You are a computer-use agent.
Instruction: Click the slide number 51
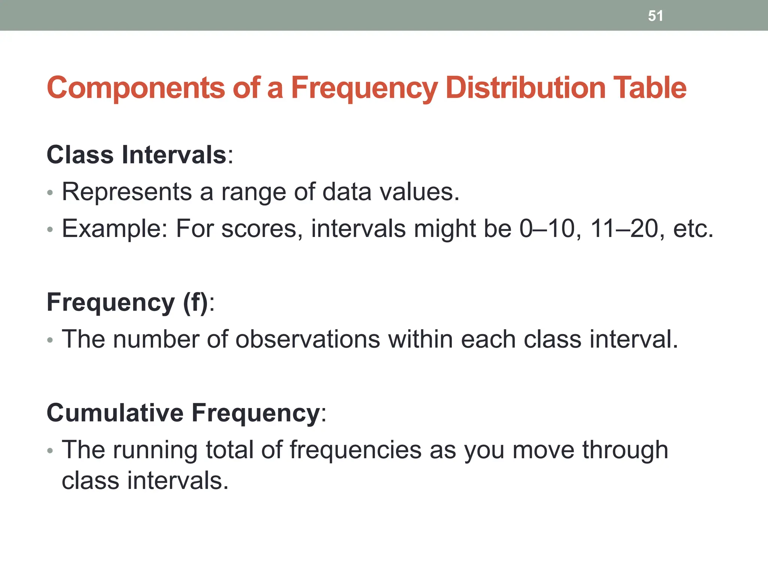tap(655, 16)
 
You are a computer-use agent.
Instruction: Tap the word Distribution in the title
tap(525, 88)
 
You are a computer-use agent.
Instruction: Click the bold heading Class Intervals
tap(136, 154)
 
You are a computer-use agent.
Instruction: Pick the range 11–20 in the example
tap(624, 229)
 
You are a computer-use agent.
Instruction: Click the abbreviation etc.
tap(693, 229)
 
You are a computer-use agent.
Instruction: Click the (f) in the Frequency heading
tap(195, 302)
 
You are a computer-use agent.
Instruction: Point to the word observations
tap(307, 339)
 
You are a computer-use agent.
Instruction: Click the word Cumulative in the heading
tap(115, 413)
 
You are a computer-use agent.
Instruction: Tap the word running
tap(155, 450)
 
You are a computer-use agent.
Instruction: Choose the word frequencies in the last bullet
tap(355, 450)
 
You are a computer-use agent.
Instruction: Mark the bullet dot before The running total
tap(50, 450)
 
